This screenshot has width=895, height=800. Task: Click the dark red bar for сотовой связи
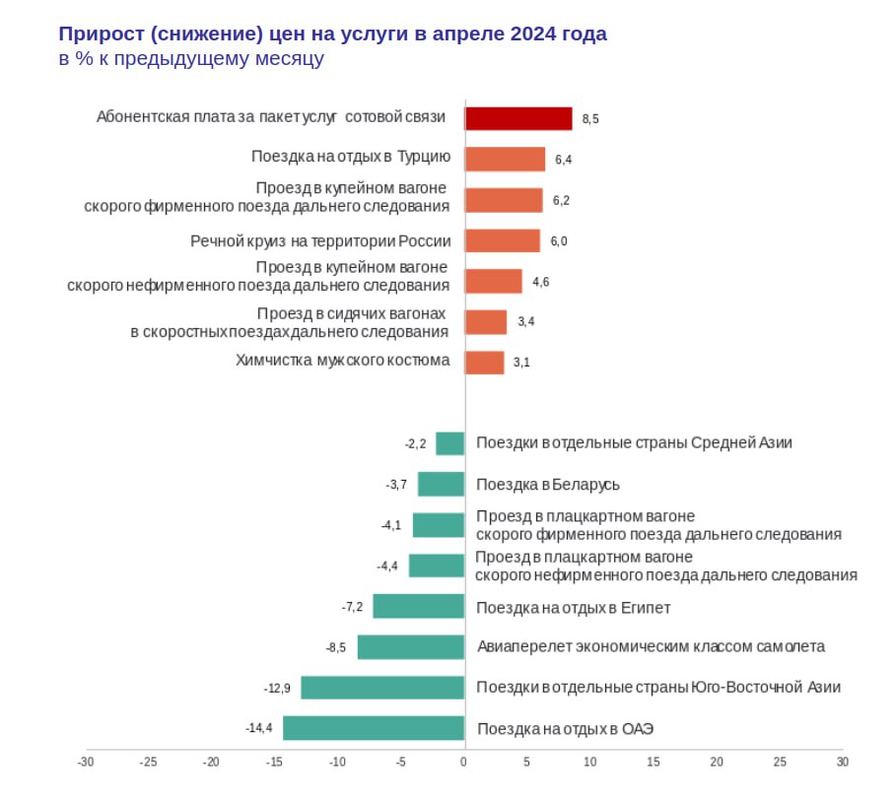(518, 118)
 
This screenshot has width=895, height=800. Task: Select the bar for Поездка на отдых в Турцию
(505, 159)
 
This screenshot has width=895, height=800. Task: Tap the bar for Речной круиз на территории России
(503, 240)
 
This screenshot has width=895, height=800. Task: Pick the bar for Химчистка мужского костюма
(484, 362)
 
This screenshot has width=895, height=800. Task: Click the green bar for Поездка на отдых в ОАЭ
(374, 728)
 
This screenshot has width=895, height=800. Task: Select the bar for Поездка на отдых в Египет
(418, 606)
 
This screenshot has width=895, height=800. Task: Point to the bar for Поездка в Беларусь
(441, 484)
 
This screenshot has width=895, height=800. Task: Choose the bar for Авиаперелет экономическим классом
(410, 646)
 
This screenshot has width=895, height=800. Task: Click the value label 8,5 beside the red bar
(590, 119)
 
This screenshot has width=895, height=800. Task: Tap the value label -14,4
(259, 728)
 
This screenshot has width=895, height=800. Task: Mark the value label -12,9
(277, 688)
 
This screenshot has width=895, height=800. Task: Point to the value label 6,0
(559, 241)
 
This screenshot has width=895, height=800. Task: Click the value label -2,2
(415, 443)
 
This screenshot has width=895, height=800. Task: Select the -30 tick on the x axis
(86, 762)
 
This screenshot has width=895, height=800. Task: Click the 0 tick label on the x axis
(463, 762)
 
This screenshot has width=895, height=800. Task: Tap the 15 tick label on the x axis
(653, 762)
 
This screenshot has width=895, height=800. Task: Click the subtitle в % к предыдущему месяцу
(191, 59)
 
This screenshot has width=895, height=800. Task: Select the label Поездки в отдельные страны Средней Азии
(634, 443)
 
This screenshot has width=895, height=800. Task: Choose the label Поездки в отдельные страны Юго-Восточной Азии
(658, 688)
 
